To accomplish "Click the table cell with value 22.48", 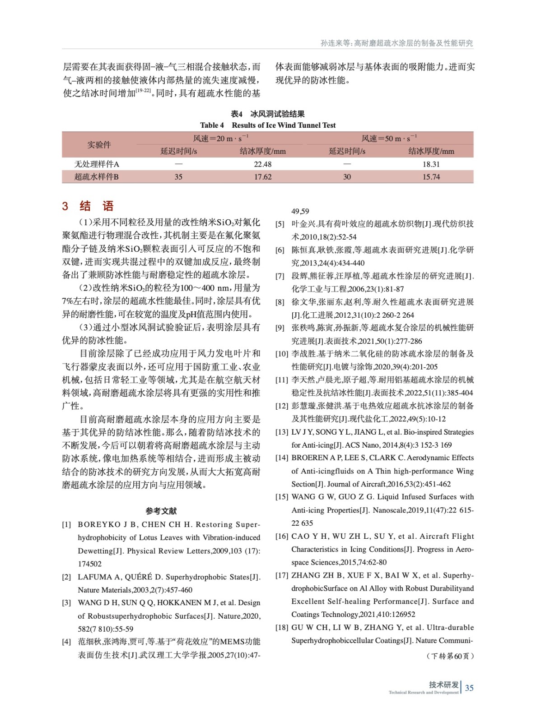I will [262, 164].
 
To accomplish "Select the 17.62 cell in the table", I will [262, 177].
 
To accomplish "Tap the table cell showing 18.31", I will [431, 164].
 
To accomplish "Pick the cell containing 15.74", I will [431, 177].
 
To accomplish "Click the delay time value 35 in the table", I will [178, 177].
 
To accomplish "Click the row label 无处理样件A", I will [97, 164].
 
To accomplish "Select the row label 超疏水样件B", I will [96, 177].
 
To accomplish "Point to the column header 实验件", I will [99, 145].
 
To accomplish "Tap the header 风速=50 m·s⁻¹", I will [389, 139].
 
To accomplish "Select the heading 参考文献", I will [161, 511].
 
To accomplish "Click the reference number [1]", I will [66, 524].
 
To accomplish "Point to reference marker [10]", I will [282, 354].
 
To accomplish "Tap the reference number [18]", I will [282, 627].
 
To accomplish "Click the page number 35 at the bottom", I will [469, 688].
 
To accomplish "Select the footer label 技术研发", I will [443, 685].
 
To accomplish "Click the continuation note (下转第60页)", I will [450, 656].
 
